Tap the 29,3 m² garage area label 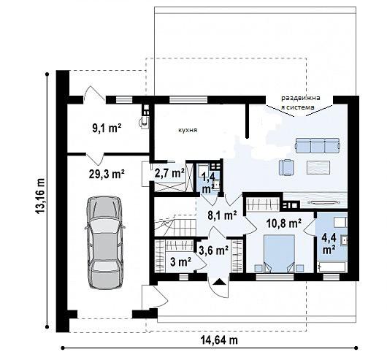tap(107, 174)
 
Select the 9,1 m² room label tap(107, 129)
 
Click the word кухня tap(188, 130)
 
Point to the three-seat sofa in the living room tap(317, 145)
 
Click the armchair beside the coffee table tap(286, 167)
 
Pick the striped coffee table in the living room tap(318, 167)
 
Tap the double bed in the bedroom tap(279, 253)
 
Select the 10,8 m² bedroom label tap(284, 223)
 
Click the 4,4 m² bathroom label tap(329, 244)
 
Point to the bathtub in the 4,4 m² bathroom tap(332, 267)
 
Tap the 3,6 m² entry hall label tap(213, 250)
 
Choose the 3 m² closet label tap(180, 262)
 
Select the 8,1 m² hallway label tap(223, 215)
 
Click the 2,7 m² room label tap(169, 173)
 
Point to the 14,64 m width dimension tap(219, 340)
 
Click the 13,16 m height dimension tap(40, 196)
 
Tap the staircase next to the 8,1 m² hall tap(175, 225)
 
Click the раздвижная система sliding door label tap(301, 103)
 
